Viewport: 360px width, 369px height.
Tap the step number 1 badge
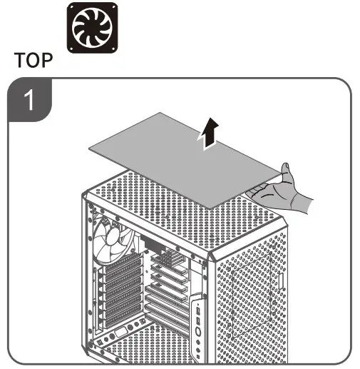[x=29, y=101]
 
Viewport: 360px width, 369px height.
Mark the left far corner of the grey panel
[x=89, y=148]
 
